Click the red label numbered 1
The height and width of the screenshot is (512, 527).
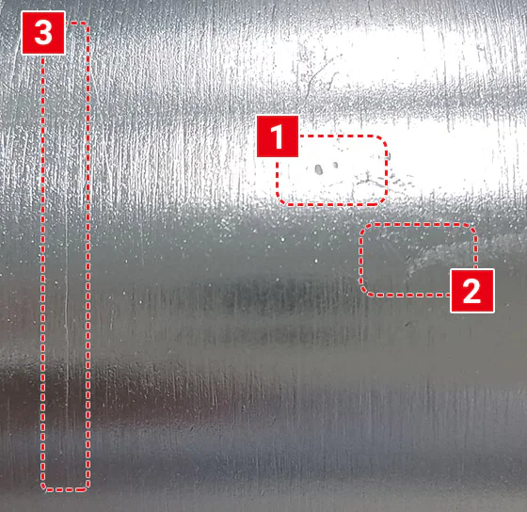(x=278, y=136)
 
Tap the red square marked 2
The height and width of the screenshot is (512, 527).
(x=471, y=291)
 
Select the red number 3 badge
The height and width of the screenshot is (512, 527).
(x=43, y=33)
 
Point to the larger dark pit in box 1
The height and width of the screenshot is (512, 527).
(x=319, y=169)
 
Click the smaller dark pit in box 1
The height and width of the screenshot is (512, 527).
(x=335, y=165)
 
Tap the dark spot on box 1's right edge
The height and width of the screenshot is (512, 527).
(x=389, y=156)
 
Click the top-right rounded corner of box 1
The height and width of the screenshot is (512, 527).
(x=382, y=140)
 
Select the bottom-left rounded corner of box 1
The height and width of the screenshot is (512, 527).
(x=281, y=200)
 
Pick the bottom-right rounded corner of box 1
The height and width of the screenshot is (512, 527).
(x=382, y=200)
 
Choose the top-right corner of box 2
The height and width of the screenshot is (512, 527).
(x=471, y=229)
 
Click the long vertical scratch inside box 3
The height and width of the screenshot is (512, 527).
(x=66, y=302)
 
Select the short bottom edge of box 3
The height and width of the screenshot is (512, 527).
(x=66, y=489)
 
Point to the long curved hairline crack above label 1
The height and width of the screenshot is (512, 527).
(x=318, y=74)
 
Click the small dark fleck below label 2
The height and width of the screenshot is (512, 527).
(x=408, y=324)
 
